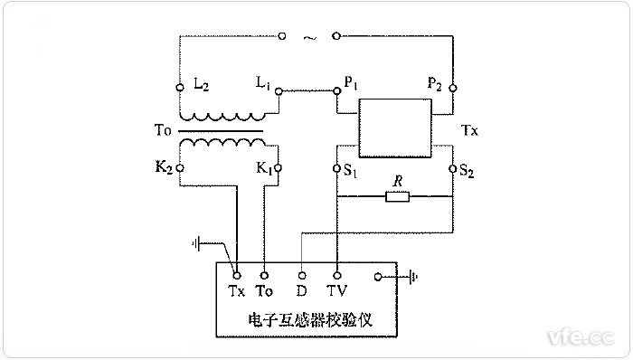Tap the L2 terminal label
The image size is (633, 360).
[201, 84]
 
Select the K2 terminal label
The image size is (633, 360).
[165, 166]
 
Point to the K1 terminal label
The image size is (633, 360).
[263, 167]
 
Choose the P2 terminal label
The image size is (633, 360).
[434, 84]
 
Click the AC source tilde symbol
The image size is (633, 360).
[309, 37]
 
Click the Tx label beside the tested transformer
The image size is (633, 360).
[469, 130]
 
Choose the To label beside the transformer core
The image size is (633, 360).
[162, 130]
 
